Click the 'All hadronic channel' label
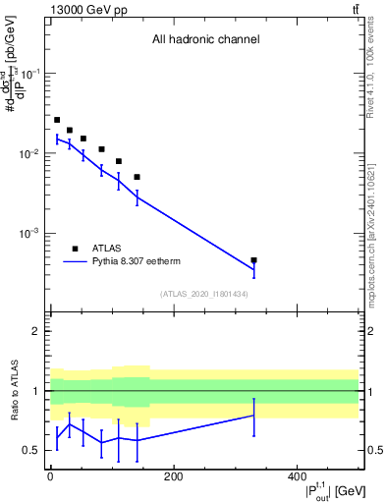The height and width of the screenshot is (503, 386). click(x=205, y=40)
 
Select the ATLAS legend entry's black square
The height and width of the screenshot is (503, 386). click(x=75, y=249)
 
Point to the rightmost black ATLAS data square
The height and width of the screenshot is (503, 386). click(x=254, y=260)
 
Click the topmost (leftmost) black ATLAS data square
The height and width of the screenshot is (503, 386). click(x=57, y=120)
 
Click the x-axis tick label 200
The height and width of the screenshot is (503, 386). click(x=174, y=476)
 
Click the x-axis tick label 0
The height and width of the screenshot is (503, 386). click(x=50, y=476)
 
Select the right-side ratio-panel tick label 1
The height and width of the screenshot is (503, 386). click(x=368, y=391)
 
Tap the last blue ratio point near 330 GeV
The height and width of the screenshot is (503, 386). click(x=254, y=416)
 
